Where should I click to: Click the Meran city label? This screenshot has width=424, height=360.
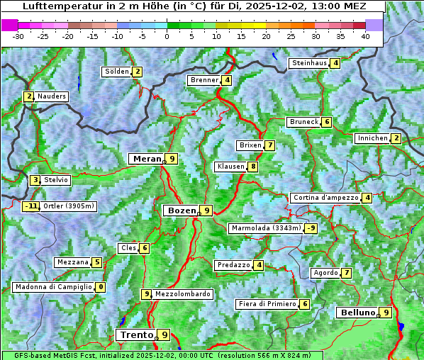point(147,159)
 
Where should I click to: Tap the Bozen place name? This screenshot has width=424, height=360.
point(180,210)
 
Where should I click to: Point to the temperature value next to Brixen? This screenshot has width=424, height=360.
point(269,145)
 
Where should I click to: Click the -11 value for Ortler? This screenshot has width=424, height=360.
point(30,207)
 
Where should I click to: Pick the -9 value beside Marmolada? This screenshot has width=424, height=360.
point(311,228)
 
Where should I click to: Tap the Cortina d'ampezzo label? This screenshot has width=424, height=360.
point(325,198)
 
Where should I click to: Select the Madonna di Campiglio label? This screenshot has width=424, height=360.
point(53,287)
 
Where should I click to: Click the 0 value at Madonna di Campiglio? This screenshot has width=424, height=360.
point(101,287)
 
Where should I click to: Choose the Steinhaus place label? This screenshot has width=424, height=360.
point(309,63)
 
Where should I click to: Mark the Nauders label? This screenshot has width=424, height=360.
point(52,96)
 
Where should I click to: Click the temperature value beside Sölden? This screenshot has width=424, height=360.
point(138,72)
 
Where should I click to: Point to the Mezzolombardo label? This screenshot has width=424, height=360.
point(182,294)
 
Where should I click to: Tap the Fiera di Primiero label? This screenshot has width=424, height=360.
point(267,304)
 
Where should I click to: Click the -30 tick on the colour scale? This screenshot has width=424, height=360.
point(18,35)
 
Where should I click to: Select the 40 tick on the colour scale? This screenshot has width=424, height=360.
point(365,35)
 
